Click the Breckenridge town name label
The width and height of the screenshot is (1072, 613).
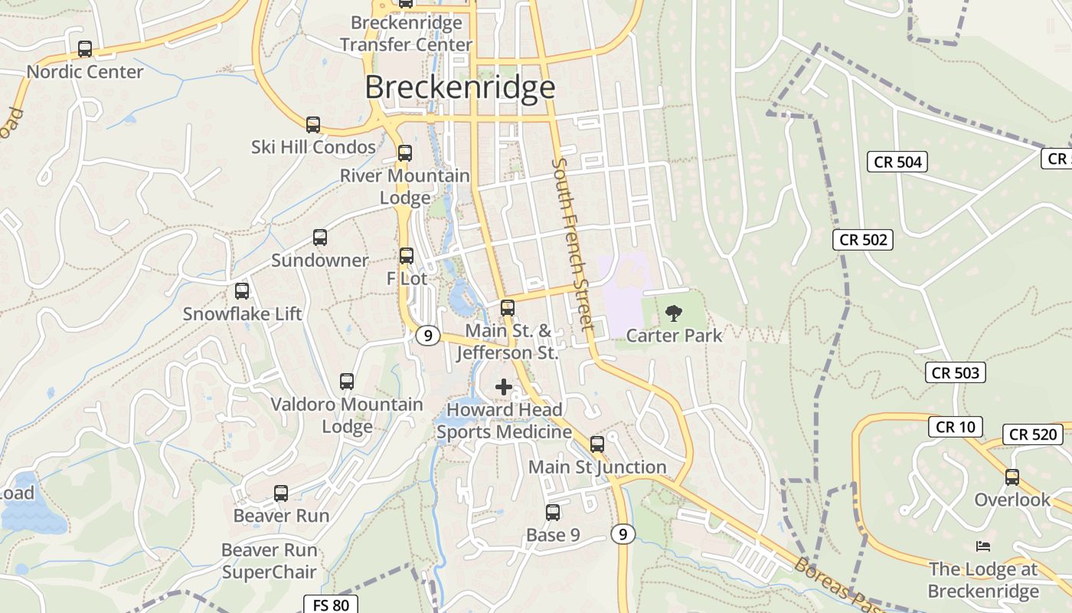click(x=459, y=87)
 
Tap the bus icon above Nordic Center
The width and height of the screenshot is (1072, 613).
click(x=85, y=49)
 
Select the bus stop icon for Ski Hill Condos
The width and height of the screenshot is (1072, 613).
click(x=312, y=125)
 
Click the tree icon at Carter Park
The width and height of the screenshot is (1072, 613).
click(x=674, y=313)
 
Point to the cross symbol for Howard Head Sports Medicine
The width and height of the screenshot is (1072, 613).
click(x=504, y=387)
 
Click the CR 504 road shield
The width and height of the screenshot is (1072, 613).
click(x=898, y=162)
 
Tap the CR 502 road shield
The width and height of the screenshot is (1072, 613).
click(x=863, y=240)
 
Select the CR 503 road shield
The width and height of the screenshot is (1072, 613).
click(x=956, y=373)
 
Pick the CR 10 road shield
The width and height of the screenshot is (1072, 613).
click(x=955, y=427)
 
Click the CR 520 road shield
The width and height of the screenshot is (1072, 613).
click(x=1033, y=434)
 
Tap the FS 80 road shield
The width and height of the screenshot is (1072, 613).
click(x=331, y=605)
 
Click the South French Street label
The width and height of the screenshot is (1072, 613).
click(x=573, y=244)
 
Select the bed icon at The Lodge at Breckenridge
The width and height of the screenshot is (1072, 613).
click(x=983, y=546)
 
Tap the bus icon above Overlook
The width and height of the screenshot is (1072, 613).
click(x=1012, y=477)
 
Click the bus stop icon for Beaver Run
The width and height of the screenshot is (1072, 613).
click(x=281, y=493)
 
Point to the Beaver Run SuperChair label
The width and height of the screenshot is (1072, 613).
click(x=269, y=561)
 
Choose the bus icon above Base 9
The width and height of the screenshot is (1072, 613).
click(x=553, y=513)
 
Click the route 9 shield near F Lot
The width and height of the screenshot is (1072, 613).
click(x=428, y=335)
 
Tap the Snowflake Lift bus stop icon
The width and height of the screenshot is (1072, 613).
click(x=242, y=291)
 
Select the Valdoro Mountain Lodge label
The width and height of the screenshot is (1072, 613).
click(x=347, y=415)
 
